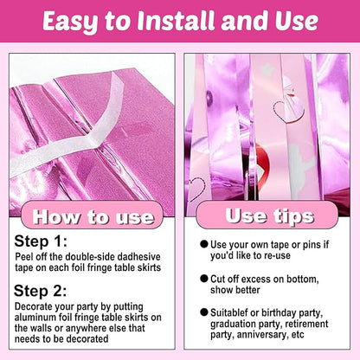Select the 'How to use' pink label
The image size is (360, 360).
[93, 215]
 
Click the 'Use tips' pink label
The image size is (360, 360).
[267, 215]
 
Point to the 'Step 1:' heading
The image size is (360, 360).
[41, 241]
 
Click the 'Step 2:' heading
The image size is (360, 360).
[41, 291]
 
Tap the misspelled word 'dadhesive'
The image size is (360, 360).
[139, 257]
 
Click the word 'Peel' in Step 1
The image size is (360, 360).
[22, 257]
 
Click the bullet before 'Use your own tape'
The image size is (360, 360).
[204, 244]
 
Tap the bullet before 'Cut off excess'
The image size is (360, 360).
[204, 279]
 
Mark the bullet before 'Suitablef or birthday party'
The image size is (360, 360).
[204, 312]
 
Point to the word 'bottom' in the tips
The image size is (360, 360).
[303, 280]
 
